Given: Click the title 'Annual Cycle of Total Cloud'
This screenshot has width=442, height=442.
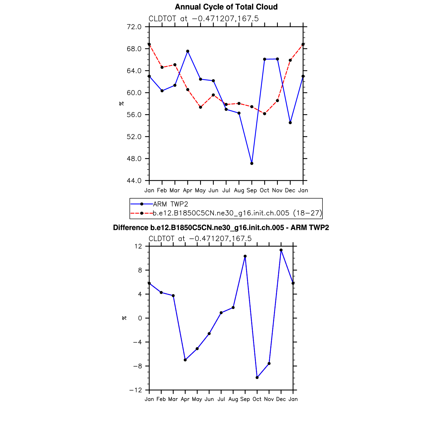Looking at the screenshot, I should coord(226,7).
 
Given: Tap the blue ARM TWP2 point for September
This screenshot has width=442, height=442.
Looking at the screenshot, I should coord(252,163).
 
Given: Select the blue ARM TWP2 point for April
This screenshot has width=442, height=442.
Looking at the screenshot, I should coord(187,51).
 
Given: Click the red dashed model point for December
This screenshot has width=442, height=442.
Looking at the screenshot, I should coord(290,60).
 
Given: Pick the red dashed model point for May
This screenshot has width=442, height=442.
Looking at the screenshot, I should coord(200,107).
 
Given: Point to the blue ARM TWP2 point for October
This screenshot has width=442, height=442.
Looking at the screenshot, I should coord(265,59).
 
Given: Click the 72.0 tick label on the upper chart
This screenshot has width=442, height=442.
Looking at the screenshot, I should coord(134,27).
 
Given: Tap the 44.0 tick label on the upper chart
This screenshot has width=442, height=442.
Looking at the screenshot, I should coord(134,181).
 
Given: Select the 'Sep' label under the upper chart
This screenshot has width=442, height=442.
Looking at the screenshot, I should coord(252,191).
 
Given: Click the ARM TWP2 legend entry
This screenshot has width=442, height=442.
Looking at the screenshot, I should coord(170,204).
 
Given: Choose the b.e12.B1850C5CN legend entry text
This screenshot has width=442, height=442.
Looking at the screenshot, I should coord(237,213).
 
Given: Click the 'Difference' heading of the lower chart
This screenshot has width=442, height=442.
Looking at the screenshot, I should coord(221,228).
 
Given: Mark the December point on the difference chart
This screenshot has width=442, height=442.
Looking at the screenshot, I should coord(281,250).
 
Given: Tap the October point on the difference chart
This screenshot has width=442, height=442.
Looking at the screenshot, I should coord(257,378).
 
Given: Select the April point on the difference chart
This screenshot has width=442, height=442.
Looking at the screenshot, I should coord(185,360).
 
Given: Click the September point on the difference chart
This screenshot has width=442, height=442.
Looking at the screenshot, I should coord(245,256).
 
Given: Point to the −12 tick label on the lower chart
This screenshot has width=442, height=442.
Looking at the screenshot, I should coord(136,390).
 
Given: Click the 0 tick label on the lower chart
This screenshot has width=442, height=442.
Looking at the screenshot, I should coord(140,318).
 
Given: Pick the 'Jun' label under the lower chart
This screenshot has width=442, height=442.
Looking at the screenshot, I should coord(209,399).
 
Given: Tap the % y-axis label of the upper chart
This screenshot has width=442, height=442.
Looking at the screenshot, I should coord(122,104).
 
